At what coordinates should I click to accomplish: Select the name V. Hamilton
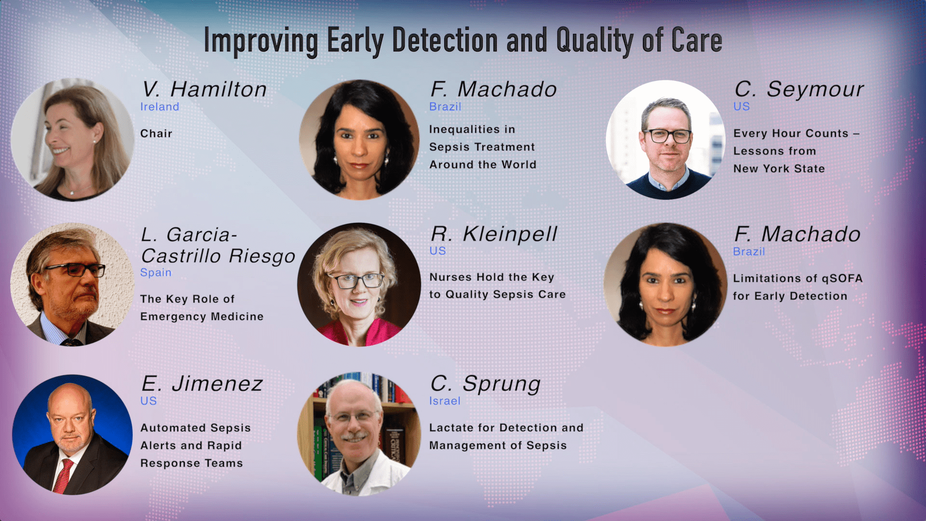coord(204,89)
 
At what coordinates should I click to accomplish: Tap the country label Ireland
coord(160,107)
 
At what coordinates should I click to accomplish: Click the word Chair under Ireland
coord(156,134)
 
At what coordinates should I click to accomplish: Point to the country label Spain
coord(156,273)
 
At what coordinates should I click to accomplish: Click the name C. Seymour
coord(799,89)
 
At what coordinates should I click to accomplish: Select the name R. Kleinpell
coord(494,234)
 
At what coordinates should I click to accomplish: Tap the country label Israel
coord(445,401)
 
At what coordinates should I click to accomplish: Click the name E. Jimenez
coord(202,384)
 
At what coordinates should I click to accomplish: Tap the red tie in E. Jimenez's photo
coord(63,476)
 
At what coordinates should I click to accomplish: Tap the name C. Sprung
coord(485,384)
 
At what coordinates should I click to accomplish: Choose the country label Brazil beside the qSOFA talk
coord(749,251)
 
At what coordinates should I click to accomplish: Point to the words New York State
coord(779,169)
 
